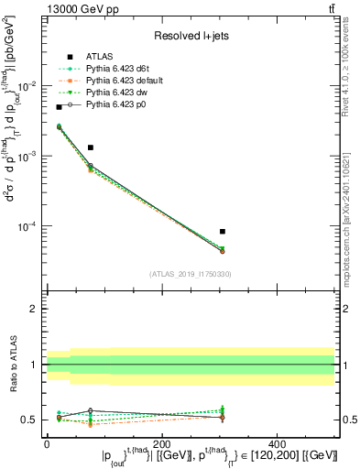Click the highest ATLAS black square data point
60,107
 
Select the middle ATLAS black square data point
91,147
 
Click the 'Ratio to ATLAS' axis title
12,364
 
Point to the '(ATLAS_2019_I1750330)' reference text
190,274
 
